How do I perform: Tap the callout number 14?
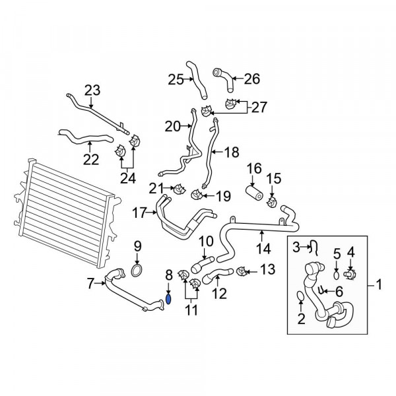coord(263,249)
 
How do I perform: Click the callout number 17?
coord(139,213)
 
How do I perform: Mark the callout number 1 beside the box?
coord(379,285)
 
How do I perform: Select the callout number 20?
coord(172,125)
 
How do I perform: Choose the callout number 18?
coord(232,152)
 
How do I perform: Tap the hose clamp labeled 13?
coord(242,271)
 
